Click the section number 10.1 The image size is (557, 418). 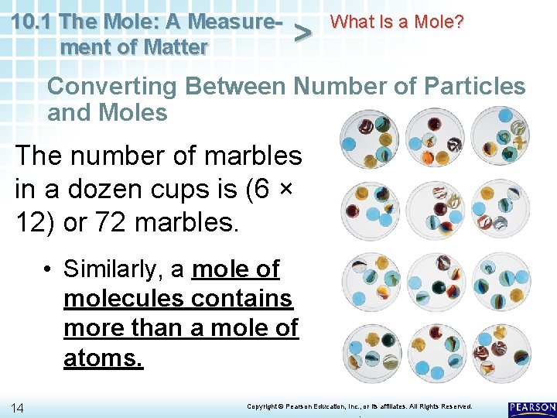click(x=32, y=21)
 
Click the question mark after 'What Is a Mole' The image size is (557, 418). click(x=460, y=21)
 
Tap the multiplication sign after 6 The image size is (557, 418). click(x=293, y=189)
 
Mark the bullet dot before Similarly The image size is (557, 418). click(x=48, y=269)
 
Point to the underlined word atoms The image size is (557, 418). click(x=103, y=358)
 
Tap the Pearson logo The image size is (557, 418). click(x=531, y=407)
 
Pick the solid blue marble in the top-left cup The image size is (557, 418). click(x=349, y=143)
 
